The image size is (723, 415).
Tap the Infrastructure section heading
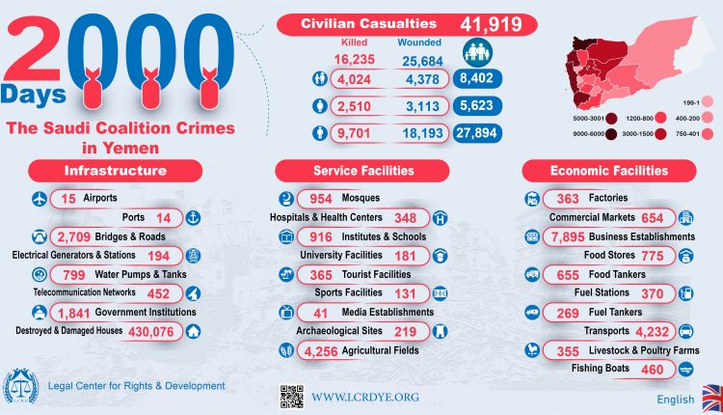tap(115, 171)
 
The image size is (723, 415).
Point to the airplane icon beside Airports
tap(40, 199)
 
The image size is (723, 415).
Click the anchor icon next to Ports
tap(192, 217)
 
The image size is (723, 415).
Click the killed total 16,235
tap(353, 61)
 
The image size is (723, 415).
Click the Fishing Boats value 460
tap(655, 369)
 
